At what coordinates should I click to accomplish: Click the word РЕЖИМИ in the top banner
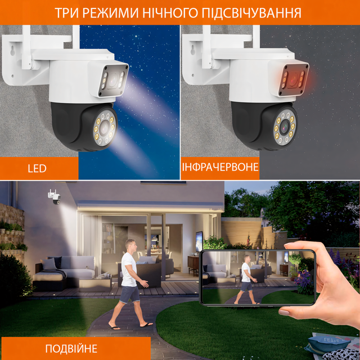coord(110,12)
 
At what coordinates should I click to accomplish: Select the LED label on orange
coord(37,169)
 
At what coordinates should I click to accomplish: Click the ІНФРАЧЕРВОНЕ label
coord(220,167)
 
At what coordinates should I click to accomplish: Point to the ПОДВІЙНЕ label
coord(71,349)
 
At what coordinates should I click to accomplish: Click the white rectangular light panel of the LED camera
coord(113,80)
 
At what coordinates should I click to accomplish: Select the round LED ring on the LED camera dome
coord(105,128)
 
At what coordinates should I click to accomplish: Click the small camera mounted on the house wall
coord(55,197)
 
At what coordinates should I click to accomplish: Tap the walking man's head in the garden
coord(130,245)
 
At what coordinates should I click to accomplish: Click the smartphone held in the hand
coord(258,277)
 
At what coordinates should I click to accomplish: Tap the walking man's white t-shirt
coord(129,269)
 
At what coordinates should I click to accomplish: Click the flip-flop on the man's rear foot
coord(114,328)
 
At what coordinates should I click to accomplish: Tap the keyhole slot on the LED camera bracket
coord(12,51)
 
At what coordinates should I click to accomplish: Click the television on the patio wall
coord(199,242)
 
